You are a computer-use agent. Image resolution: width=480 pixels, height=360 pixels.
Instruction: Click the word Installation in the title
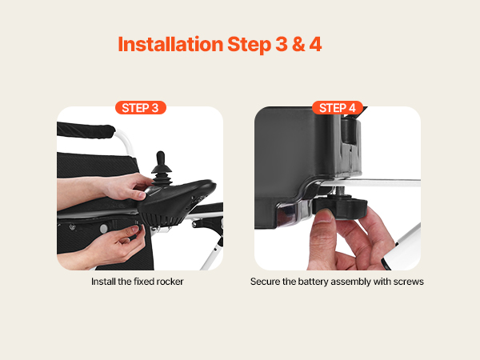170,44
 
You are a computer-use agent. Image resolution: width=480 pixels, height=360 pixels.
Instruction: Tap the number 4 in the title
315,44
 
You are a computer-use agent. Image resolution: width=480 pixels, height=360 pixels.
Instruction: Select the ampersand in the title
298,44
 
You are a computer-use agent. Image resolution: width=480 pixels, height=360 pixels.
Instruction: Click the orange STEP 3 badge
141,108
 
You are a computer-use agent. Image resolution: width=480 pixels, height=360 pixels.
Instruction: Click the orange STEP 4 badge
338,108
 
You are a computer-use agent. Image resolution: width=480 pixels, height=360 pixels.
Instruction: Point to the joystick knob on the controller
161,158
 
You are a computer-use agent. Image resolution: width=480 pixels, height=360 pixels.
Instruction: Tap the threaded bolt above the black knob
342,192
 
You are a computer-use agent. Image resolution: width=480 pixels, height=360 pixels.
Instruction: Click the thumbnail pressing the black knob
325,215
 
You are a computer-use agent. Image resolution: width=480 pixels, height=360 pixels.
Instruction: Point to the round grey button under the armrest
104,228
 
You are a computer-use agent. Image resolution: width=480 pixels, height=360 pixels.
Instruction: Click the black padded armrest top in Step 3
85,130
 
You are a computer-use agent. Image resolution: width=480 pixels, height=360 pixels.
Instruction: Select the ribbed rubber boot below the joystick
162,177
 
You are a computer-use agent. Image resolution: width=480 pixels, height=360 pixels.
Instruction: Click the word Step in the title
250,45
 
